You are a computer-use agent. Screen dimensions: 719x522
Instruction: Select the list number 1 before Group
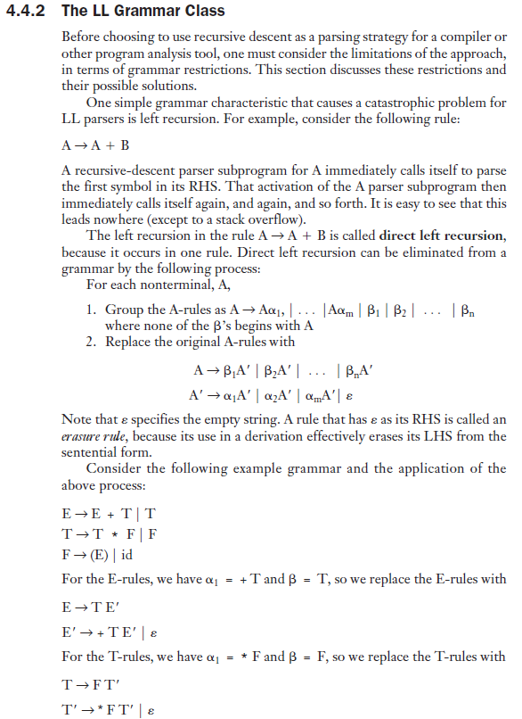(92, 309)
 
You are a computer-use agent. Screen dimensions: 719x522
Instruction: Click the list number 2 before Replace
(92, 341)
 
